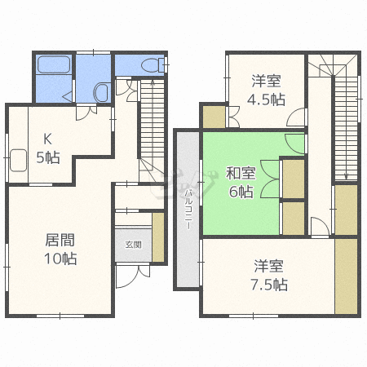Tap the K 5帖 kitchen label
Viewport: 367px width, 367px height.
[46, 148]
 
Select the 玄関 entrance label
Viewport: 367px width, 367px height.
[133, 243]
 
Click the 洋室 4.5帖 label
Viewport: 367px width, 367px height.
[267, 91]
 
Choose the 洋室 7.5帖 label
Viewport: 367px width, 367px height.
[269, 275]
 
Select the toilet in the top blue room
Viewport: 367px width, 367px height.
[149, 65]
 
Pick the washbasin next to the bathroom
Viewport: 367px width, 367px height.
[102, 93]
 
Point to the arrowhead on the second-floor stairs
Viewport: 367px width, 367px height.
[346, 175]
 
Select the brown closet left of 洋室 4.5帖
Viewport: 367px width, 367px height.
[214, 116]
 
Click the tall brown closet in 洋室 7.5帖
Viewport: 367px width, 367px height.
[347, 276]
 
